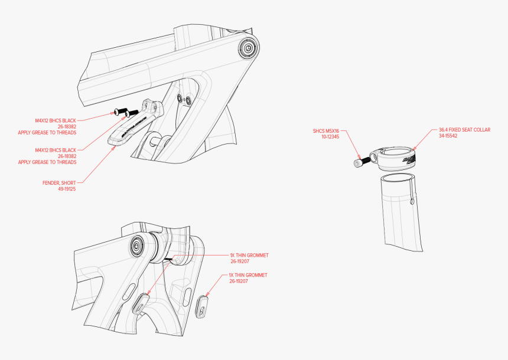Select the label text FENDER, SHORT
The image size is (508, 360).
pos(59,183)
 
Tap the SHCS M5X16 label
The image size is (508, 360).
pos(327,130)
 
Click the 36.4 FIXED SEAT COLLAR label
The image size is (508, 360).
pos(464,129)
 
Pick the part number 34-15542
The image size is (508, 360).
pos(450,136)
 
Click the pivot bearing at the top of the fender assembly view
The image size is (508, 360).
pos(247,48)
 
